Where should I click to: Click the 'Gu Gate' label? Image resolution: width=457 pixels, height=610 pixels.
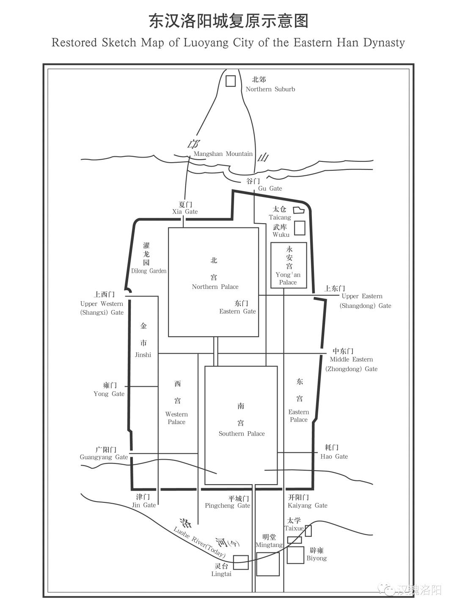pos(270,189)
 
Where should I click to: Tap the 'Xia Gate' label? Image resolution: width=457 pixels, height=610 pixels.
pos(185,212)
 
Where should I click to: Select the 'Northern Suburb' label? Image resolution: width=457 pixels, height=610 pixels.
pos(270,89)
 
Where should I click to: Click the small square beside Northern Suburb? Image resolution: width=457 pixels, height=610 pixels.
pos(230,81)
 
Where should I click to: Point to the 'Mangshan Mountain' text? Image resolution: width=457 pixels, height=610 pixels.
pos(223,154)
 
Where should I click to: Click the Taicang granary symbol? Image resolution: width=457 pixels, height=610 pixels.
pos(299,210)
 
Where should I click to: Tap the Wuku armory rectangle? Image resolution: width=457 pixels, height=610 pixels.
pos(300,228)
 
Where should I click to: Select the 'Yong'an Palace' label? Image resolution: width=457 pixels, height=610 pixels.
pos(288,278)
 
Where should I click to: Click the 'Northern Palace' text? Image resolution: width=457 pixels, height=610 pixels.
pos(215,287)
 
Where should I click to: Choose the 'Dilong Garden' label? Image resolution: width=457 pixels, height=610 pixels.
pos(149,271)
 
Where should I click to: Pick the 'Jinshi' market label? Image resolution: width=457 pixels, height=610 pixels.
pos(143,355)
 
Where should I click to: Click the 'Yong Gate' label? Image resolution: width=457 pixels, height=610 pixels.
pos(109,394)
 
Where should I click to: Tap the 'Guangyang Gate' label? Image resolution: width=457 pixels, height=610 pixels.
pos(104,457)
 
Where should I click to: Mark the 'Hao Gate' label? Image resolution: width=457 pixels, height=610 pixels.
pos(334,457)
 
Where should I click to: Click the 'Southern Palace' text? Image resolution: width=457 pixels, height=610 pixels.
pos(241,434)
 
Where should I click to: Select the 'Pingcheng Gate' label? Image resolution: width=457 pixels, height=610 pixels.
pos(227,506)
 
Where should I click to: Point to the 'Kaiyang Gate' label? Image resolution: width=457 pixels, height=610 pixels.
pos(307,506)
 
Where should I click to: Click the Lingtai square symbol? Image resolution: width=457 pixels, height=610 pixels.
pos(241,562)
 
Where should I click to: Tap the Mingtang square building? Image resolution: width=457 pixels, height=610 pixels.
pos(268,564)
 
